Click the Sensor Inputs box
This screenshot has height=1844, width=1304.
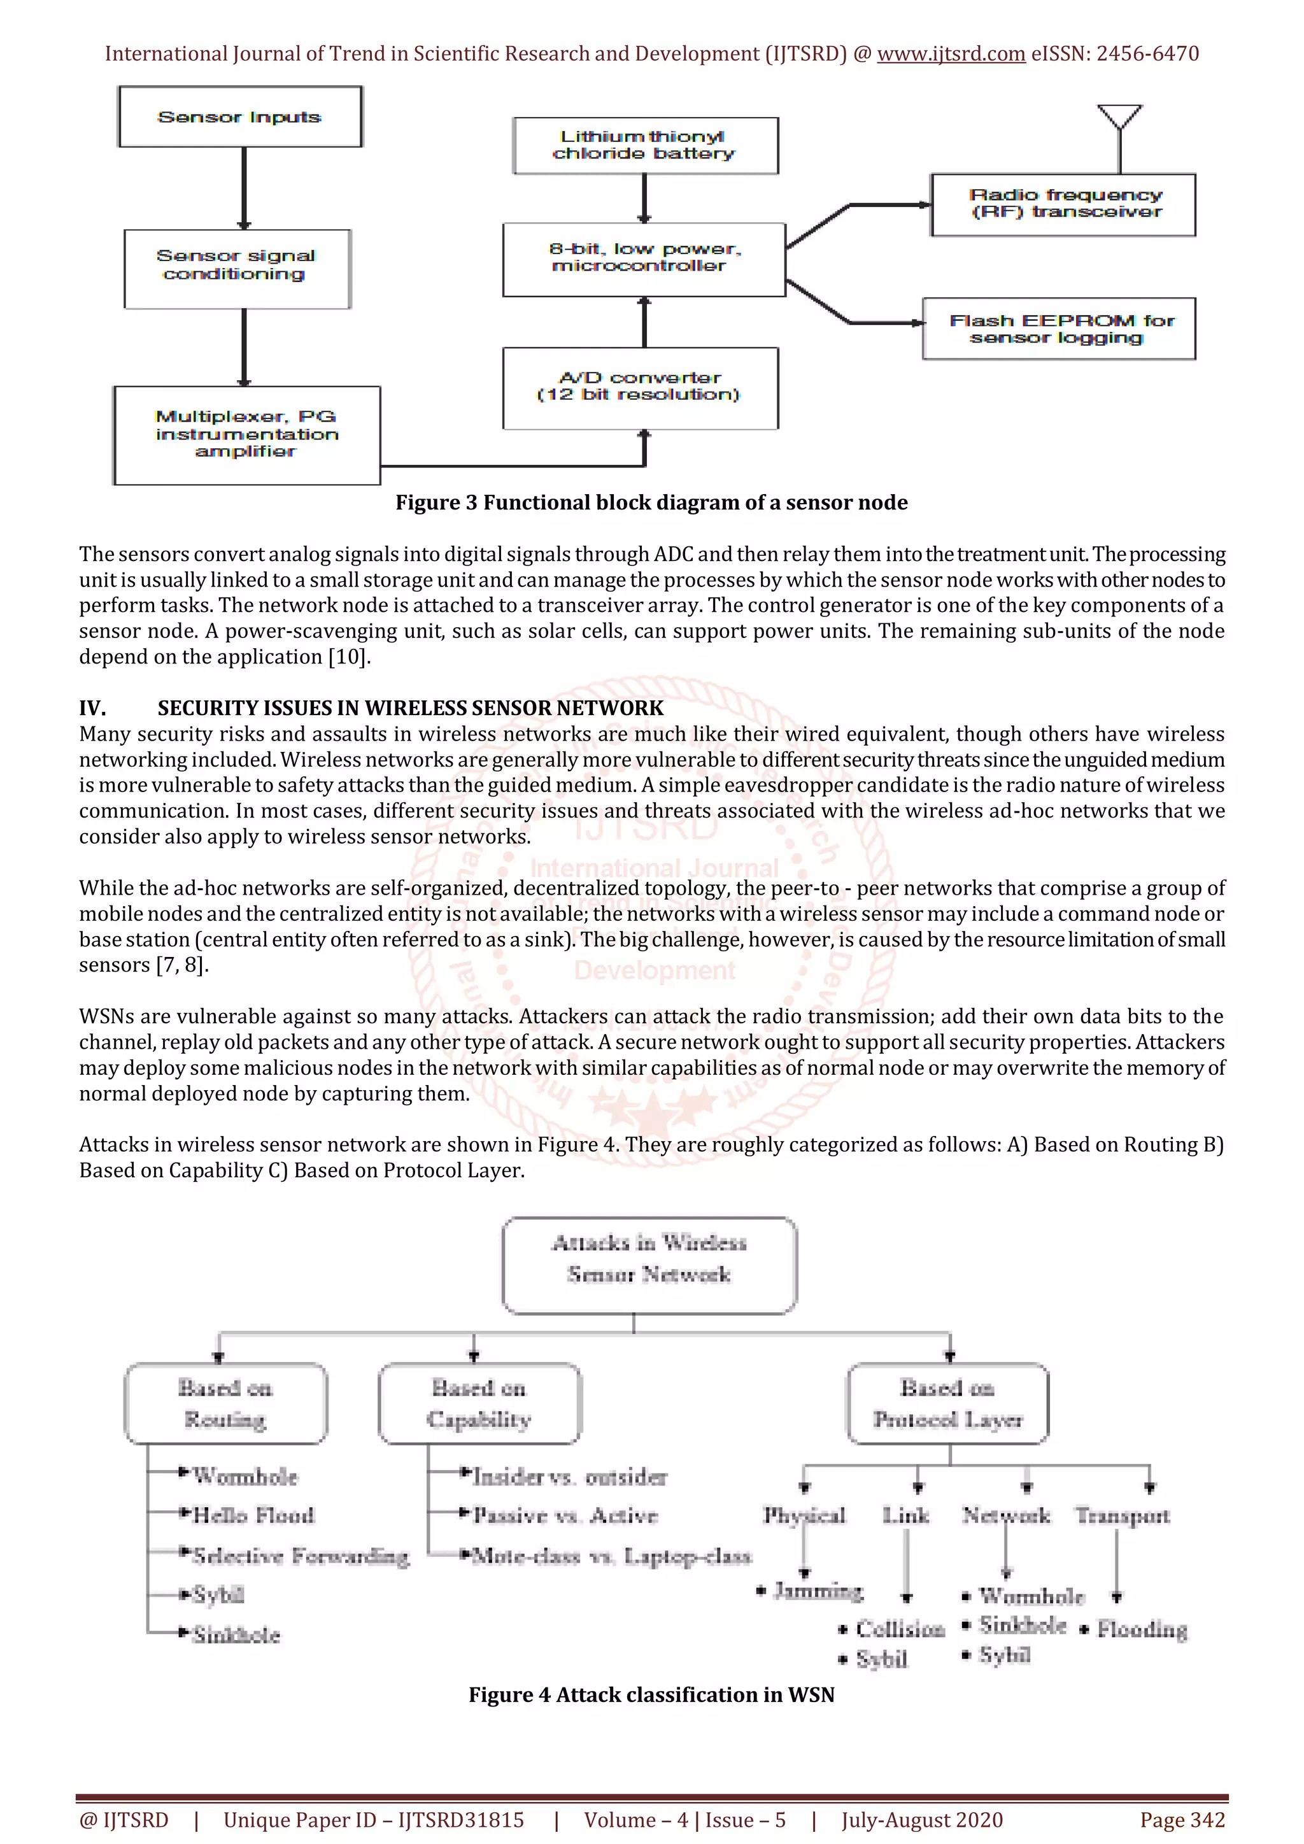coord(240,117)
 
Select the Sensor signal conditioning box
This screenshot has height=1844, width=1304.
coord(237,268)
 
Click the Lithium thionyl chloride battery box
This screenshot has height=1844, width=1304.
coord(646,145)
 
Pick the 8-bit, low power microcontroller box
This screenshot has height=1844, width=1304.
coord(644,259)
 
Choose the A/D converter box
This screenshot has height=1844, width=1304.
coord(640,388)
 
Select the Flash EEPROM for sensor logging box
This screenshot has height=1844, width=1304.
coord(1058,329)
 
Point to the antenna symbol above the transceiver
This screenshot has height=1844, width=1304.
coord(1119,120)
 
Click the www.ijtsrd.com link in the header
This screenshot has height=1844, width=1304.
coord(951,54)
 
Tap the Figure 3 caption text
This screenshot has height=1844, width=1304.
coord(651,503)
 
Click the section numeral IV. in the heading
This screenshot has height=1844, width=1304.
coord(92,707)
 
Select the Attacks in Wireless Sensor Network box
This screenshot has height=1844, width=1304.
coord(649,1265)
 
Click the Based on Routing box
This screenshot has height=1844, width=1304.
coord(225,1403)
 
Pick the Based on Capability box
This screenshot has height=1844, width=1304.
coord(479,1403)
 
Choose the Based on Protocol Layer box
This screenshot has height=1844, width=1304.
coord(947,1403)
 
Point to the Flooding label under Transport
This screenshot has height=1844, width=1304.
coord(1141,1629)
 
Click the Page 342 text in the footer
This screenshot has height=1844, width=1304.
coord(1182,1820)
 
